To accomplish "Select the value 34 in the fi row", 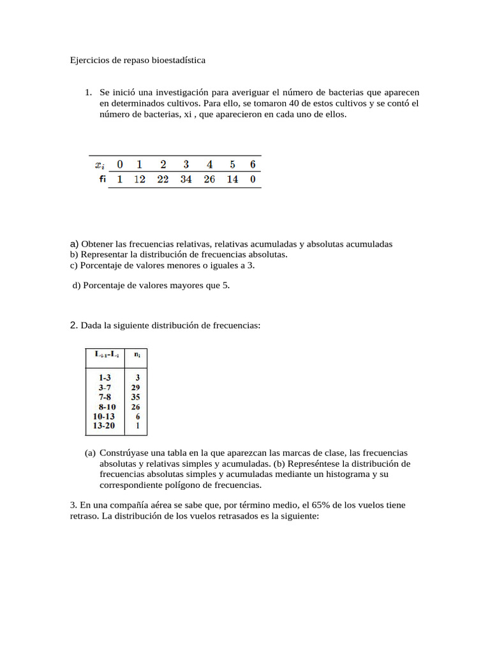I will tap(186, 179).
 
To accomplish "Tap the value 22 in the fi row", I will tap(163, 179).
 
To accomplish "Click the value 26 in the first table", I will tap(209, 179).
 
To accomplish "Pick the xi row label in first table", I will tap(100, 164).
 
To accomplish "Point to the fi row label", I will tap(102, 179).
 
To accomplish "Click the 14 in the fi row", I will tap(232, 179).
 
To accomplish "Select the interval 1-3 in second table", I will tap(101, 378).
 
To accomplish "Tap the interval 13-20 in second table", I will tap(103, 425).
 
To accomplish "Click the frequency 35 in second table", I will tap(135, 397).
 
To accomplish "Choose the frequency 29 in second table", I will tap(135, 387).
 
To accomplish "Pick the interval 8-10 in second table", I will tap(107, 406).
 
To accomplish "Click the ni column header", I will tap(137, 353).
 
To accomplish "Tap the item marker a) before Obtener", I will tap(74, 244).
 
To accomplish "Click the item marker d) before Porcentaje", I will tap(77, 286).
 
